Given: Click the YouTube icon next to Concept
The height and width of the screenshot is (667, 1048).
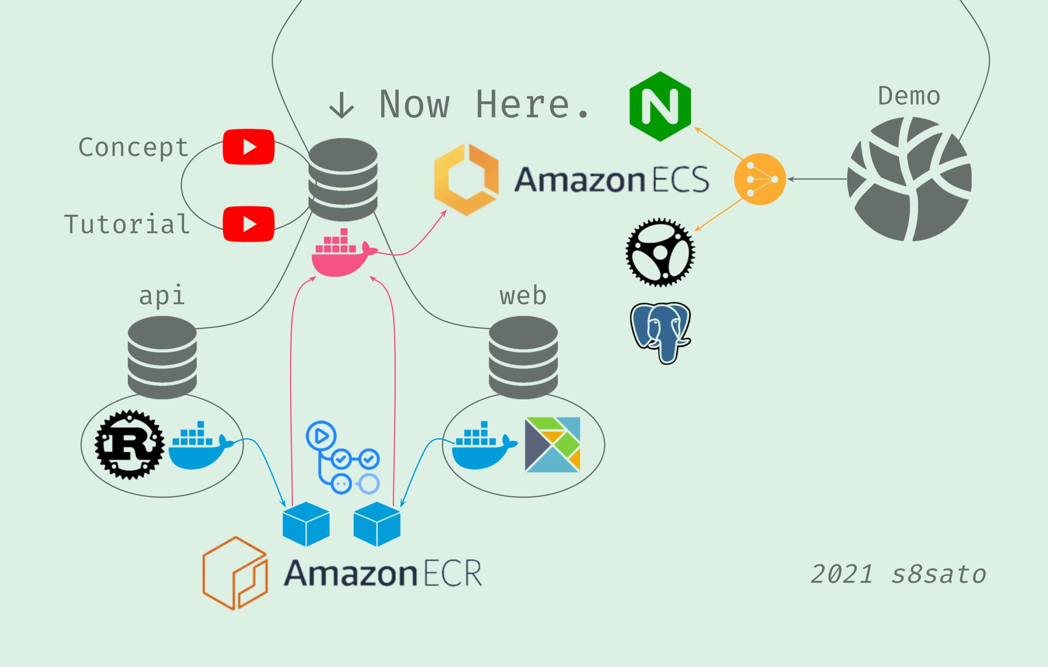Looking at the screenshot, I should [x=249, y=147].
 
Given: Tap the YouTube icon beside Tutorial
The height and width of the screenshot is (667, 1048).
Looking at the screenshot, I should [x=249, y=224].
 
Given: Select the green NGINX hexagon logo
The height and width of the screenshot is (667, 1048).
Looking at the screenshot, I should [x=660, y=106].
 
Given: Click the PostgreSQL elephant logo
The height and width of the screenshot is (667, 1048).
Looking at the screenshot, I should [x=660, y=332].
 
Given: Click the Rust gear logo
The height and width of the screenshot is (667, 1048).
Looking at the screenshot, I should [x=130, y=444].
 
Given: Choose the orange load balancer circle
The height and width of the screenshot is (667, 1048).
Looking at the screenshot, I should [x=760, y=179].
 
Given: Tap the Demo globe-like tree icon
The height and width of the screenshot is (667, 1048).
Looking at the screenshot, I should [x=909, y=179].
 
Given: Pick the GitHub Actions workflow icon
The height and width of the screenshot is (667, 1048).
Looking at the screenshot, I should [x=342, y=457].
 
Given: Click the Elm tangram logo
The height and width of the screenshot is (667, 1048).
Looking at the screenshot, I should [x=552, y=444].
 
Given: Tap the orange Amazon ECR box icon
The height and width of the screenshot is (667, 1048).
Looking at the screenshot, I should [x=235, y=573].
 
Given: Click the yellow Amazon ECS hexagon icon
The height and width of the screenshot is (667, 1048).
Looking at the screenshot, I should [x=466, y=180].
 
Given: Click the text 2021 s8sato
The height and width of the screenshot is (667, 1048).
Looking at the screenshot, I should [x=898, y=574].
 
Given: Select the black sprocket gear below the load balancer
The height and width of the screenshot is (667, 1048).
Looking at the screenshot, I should [x=660, y=252].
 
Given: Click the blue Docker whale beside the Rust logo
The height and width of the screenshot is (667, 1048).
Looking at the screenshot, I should [x=198, y=446].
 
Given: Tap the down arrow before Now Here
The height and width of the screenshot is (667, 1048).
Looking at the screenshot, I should [x=342, y=106].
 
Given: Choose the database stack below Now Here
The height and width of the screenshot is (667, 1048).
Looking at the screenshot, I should [x=343, y=179].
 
